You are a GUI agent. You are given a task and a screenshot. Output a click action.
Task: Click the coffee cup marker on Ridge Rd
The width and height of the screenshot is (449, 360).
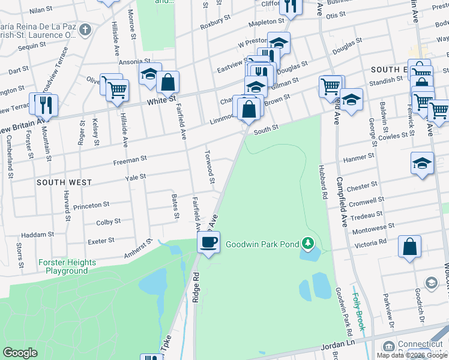coord(209,243)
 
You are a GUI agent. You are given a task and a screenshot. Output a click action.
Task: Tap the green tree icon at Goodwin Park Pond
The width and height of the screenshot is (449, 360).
coord(308,243)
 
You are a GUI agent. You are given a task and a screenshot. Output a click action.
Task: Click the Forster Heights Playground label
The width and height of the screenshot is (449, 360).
coord(67,266)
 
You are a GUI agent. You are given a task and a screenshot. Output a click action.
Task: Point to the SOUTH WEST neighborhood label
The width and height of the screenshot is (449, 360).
coord(64,182)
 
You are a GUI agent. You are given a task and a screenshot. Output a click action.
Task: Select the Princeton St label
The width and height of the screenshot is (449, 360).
coord(91,206)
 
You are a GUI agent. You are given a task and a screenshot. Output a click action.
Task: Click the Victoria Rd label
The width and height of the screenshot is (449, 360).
coord(370,242)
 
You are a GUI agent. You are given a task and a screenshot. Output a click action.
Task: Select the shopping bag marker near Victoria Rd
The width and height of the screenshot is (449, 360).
coord(409,247)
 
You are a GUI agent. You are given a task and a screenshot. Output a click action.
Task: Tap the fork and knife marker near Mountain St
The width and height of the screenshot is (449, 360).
coord(46,105)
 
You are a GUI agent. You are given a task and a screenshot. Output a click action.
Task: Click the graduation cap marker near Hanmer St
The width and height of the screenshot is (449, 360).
coord(422,163)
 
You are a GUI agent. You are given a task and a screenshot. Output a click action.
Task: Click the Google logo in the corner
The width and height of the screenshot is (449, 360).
coord(20,353)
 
